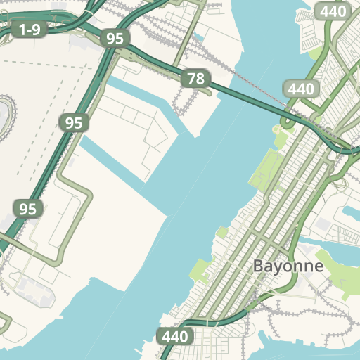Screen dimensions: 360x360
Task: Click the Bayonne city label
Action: point(288,266)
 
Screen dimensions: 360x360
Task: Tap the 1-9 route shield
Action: point(29,29)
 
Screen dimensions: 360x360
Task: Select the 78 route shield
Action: point(195,79)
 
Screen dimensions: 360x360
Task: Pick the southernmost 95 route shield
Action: point(27,209)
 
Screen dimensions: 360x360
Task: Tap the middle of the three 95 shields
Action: point(74,123)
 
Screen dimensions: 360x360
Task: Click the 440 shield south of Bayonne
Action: point(174,337)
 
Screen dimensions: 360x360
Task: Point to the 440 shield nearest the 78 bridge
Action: point(300,89)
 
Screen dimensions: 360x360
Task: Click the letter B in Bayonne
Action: point(258,266)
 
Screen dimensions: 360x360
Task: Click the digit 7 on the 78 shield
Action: point(191,79)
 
